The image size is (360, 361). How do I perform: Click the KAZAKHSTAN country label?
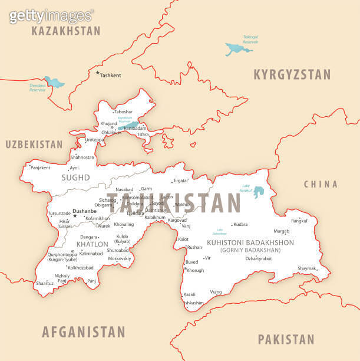click(66, 31)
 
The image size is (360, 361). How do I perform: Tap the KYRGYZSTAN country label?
click(292, 74)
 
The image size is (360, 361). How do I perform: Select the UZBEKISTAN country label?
click(34, 144)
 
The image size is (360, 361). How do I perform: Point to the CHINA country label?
click(321, 185)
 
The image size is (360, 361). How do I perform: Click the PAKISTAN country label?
click(286, 339)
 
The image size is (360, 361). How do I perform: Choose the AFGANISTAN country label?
click(84, 332)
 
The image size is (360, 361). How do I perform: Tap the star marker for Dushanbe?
click(75, 216)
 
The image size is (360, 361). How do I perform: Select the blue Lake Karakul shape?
click(258, 192)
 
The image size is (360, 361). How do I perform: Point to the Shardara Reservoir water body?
click(55, 82)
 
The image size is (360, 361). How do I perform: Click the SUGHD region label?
click(76, 178)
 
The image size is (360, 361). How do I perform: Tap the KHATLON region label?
click(93, 244)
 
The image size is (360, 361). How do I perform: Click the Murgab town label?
click(282, 231)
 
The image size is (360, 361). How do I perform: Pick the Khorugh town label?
click(195, 270)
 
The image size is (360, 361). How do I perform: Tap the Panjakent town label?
click(40, 168)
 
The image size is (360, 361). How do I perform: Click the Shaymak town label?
click(307, 268)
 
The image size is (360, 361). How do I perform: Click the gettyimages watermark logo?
click(51, 15)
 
